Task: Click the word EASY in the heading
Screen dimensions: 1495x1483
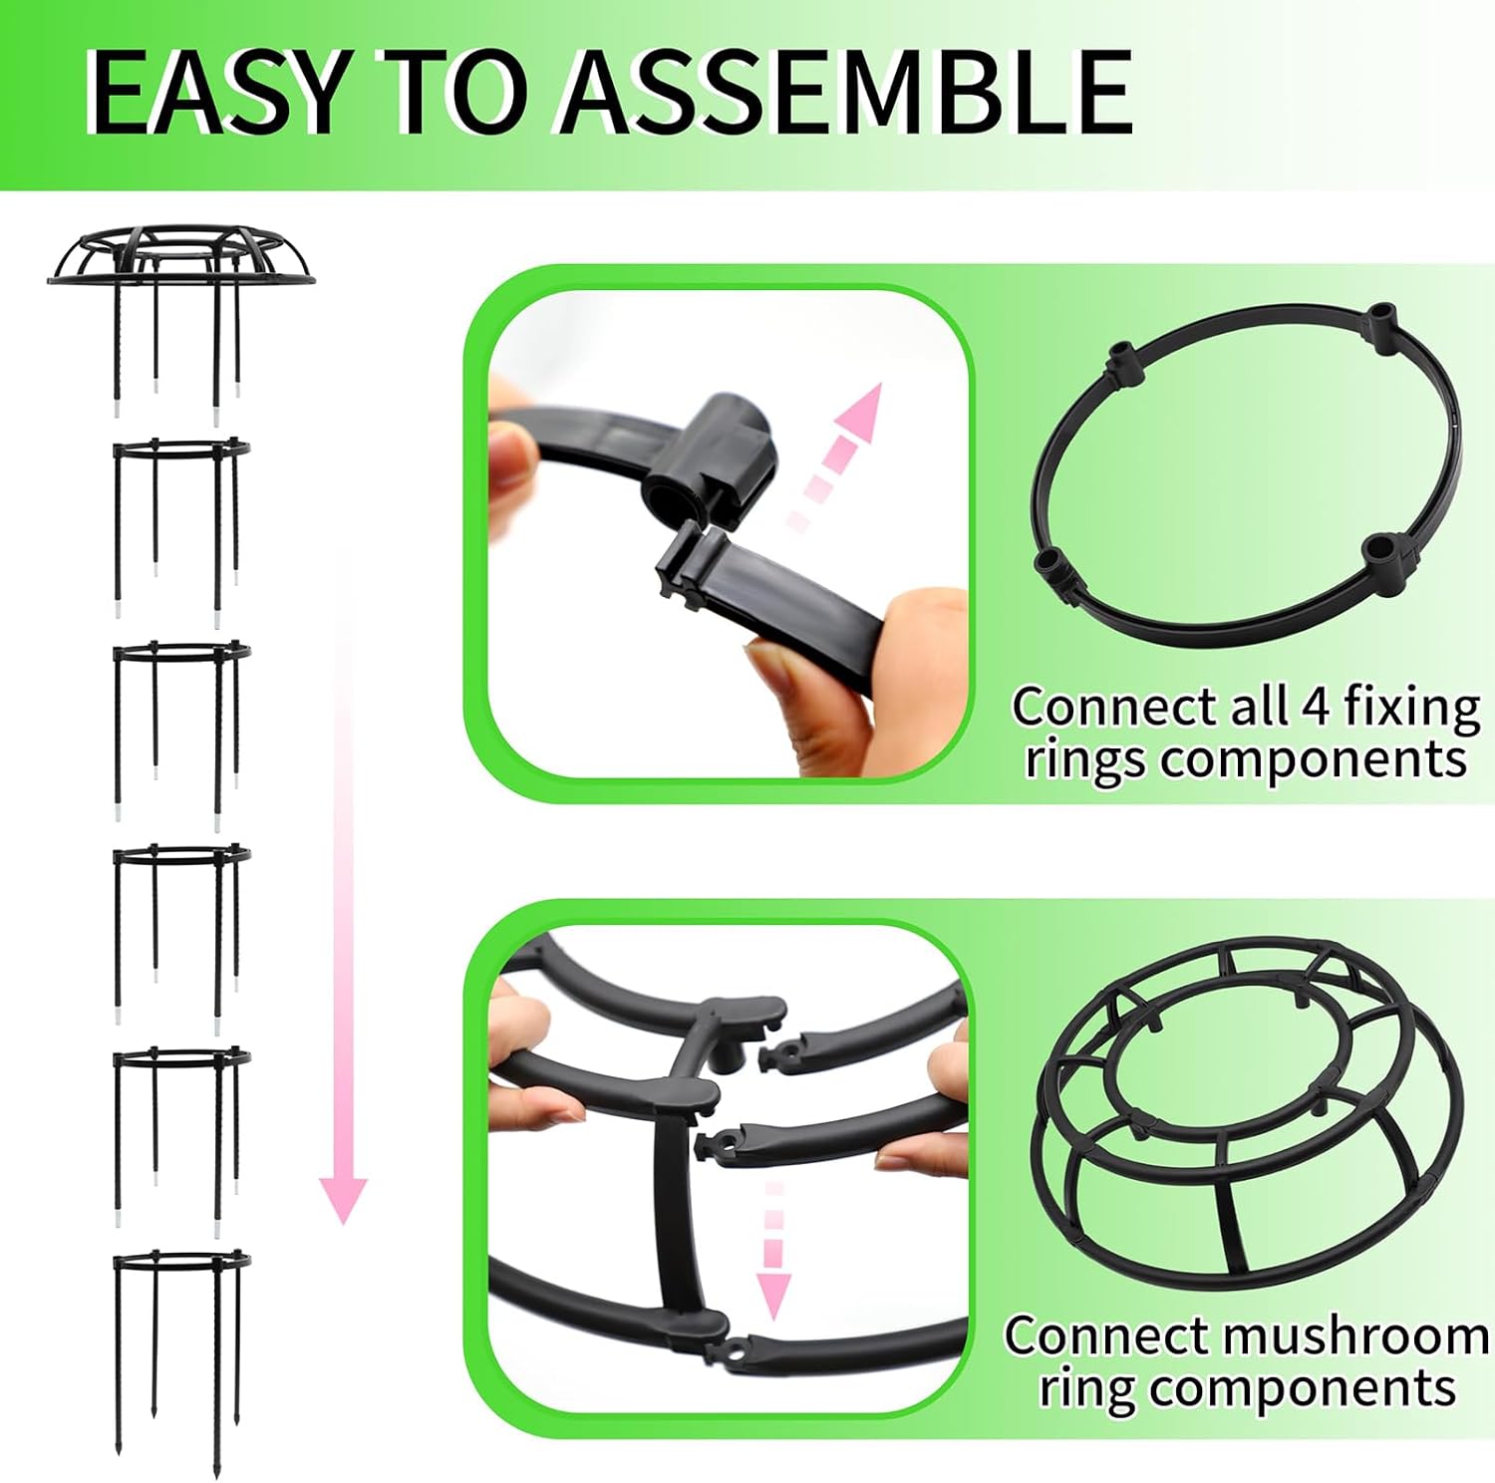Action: click(x=217, y=91)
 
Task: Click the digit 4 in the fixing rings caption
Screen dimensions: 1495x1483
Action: click(x=1316, y=707)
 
